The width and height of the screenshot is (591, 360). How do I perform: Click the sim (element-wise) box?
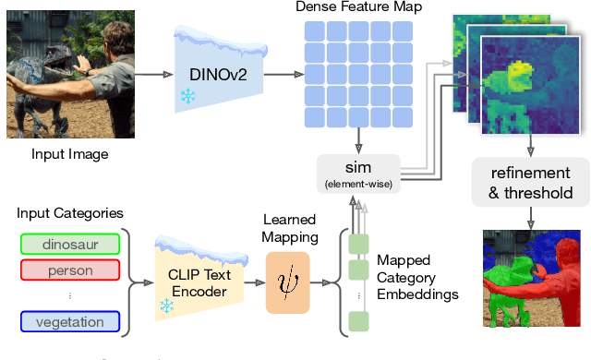point(358,171)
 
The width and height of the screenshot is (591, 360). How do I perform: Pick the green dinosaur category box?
point(69,244)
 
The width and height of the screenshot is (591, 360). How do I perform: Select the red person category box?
point(69,270)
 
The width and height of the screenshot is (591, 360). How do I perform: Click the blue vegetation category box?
point(69,321)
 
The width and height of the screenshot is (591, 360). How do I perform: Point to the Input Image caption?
point(70,154)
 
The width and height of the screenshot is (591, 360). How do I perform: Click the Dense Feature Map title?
point(358,8)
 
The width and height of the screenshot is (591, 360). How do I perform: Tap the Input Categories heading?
point(70,213)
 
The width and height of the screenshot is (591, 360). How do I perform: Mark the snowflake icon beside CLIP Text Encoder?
point(166,305)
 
